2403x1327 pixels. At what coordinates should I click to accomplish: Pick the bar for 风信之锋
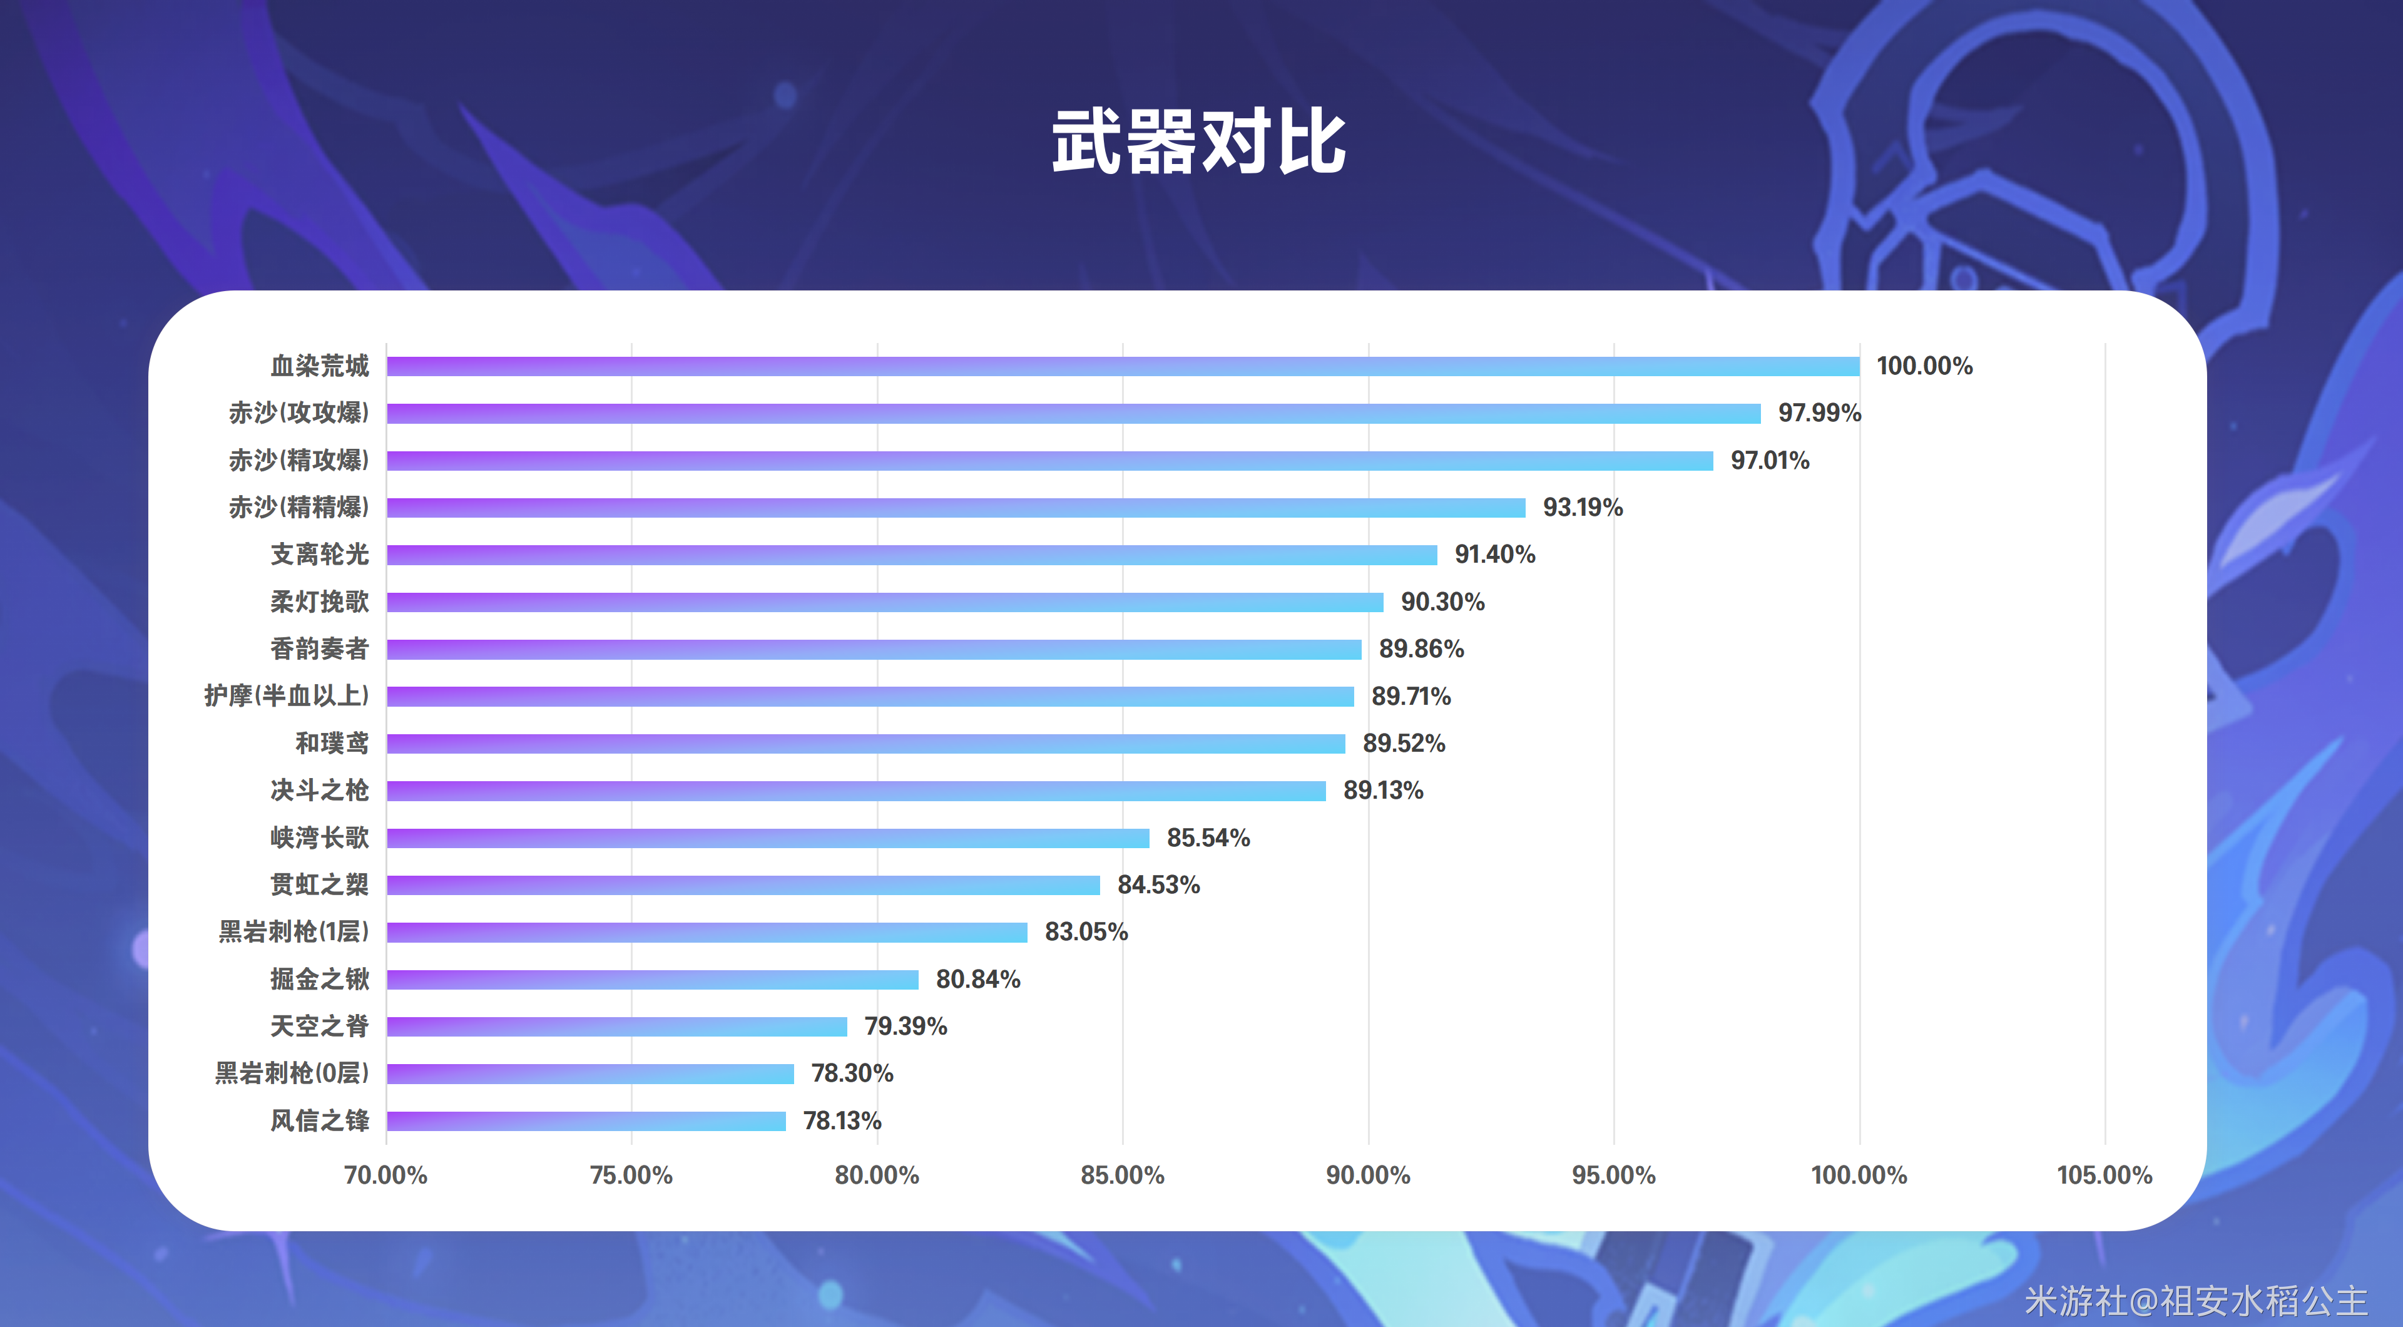(586, 1121)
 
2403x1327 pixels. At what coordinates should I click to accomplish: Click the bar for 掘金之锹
(652, 979)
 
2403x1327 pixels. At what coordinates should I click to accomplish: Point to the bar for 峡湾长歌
(768, 838)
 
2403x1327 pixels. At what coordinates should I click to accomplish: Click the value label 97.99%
(1819, 412)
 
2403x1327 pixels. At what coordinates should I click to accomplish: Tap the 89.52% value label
(1403, 743)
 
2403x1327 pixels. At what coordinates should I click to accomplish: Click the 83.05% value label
(1086, 931)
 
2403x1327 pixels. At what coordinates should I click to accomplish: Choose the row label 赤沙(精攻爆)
(298, 460)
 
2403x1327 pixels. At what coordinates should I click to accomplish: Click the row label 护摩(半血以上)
(287, 695)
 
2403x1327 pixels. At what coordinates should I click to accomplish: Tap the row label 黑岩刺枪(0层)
(292, 1073)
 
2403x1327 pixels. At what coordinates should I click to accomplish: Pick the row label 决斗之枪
(319, 791)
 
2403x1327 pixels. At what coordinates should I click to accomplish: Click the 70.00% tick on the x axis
(385, 1175)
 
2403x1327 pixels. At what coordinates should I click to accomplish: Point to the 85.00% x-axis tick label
(1122, 1175)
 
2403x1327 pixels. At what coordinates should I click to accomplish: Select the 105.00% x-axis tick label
(2105, 1175)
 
